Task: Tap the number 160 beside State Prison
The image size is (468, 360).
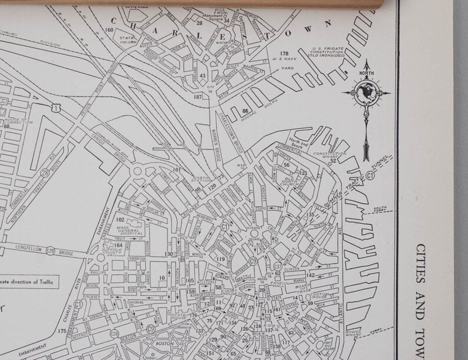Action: tap(109, 30)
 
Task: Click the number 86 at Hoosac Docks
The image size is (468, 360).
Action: tap(245, 110)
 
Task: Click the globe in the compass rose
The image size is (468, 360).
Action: tap(366, 93)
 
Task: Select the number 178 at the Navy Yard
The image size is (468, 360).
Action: tap(284, 53)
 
